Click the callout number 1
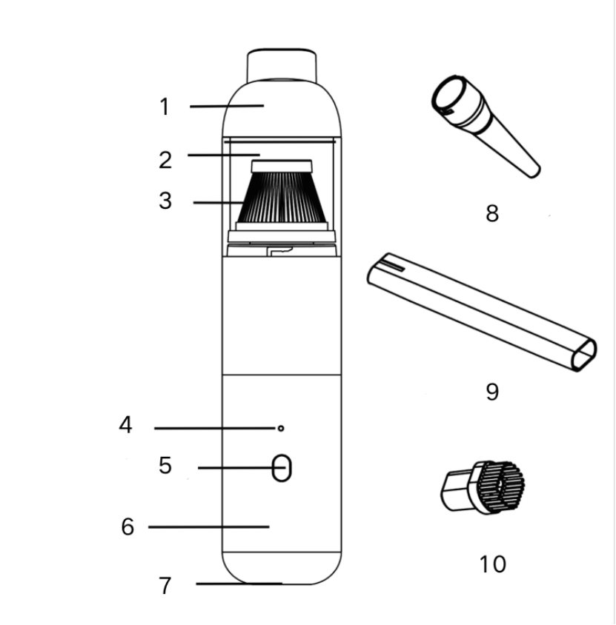165,107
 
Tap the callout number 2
165,160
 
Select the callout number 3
165,201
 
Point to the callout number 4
126,424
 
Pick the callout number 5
165,465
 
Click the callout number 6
127,527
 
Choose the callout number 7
165,586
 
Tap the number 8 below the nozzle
492,213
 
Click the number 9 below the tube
492,392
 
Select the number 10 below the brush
493,564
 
